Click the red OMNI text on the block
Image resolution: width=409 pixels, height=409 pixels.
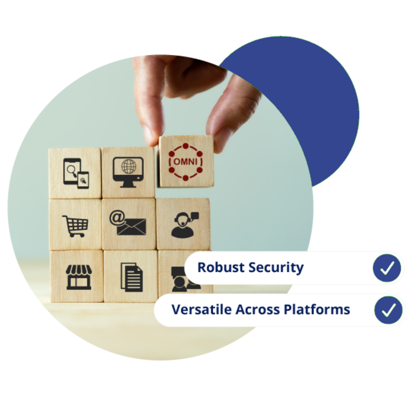click(x=186, y=162)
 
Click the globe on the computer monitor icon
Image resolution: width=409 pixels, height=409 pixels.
click(x=128, y=167)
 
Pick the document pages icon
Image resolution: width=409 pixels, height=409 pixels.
click(x=131, y=277)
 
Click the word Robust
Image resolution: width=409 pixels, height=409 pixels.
click(x=217, y=267)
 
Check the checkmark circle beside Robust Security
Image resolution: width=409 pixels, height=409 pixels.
click(x=387, y=268)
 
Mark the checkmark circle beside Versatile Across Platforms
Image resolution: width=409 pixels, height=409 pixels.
click(x=388, y=310)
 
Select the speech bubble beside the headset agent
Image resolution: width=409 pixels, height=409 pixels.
click(x=194, y=216)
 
